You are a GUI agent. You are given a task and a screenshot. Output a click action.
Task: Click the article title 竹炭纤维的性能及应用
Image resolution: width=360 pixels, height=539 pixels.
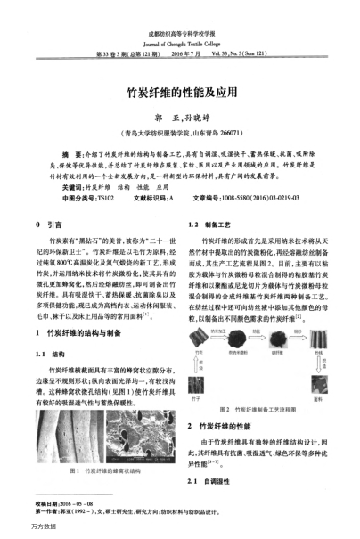pos(180,91)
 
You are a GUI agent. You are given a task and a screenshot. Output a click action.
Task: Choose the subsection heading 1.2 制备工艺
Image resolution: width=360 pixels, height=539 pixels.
pos(207,225)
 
